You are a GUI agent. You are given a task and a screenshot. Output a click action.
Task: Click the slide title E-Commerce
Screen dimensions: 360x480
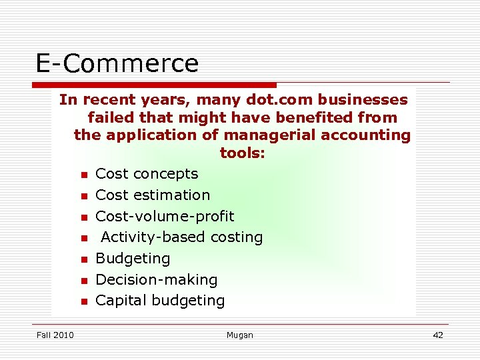click(x=117, y=63)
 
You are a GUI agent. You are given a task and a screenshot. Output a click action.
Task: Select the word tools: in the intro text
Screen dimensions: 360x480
click(x=243, y=153)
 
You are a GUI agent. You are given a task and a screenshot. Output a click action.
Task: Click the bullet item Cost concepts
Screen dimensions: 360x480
click(x=147, y=174)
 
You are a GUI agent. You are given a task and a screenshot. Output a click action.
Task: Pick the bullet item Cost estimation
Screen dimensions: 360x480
click(x=153, y=195)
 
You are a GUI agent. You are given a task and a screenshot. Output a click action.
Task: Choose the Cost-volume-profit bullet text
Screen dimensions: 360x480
click(x=165, y=217)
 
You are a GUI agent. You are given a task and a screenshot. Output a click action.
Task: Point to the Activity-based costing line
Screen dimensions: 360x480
click(x=181, y=237)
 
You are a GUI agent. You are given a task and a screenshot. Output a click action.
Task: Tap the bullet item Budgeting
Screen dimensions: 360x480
click(x=133, y=259)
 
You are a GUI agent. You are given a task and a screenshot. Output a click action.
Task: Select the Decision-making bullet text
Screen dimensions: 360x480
click(x=157, y=280)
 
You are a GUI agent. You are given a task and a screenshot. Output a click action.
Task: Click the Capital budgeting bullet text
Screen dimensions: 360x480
click(x=160, y=301)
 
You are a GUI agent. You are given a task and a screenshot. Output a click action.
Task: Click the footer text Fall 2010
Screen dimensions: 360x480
click(x=55, y=335)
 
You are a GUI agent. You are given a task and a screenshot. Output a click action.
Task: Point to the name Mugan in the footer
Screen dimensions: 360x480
click(x=240, y=335)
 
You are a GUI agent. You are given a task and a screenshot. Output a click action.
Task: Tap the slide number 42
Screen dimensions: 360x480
click(x=438, y=335)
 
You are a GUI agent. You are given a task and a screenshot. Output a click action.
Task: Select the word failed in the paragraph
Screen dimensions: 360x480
click(x=111, y=118)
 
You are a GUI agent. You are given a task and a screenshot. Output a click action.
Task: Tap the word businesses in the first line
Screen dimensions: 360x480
click(x=363, y=100)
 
